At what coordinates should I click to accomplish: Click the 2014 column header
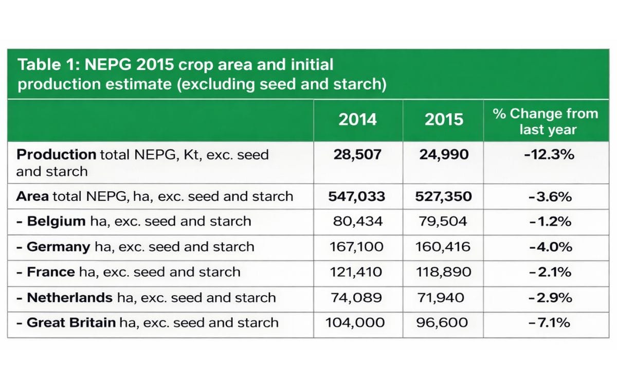[x=358, y=120]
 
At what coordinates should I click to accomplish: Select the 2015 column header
[x=444, y=120]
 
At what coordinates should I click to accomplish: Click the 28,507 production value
[x=357, y=155]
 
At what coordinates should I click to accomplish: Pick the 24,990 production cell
[x=444, y=155]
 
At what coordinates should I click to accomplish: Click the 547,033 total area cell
[x=357, y=196]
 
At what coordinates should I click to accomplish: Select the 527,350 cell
[x=443, y=196]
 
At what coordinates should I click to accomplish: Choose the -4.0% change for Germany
[x=550, y=247]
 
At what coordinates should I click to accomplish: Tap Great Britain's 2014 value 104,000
[x=355, y=323]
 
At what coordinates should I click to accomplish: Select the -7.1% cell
[x=549, y=323]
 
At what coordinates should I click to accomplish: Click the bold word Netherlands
[x=69, y=298]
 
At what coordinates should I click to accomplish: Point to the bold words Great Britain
[x=71, y=323]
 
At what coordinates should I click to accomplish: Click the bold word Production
[x=56, y=155]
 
